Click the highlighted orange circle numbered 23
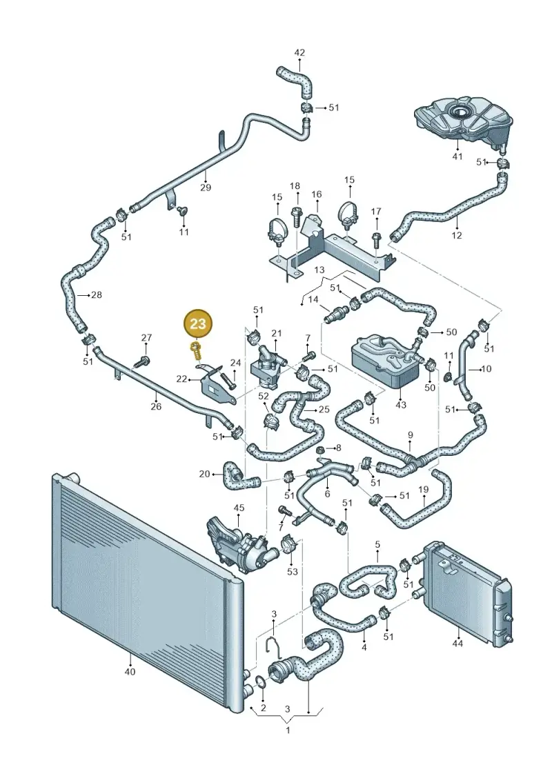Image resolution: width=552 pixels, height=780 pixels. pos(197,324)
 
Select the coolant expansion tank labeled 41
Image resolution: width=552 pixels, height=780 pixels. pos(464,121)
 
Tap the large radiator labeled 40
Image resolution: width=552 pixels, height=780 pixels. pos(148,592)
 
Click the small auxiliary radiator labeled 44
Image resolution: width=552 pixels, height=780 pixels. pos(466,591)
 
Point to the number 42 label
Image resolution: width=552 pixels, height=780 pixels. pos(299,52)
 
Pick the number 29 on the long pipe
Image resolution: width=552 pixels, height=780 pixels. pos(206,188)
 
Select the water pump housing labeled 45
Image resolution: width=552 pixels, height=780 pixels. pos(239,546)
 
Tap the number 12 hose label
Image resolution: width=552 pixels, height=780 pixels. pos(456,235)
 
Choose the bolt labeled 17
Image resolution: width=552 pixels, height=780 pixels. pos(376,240)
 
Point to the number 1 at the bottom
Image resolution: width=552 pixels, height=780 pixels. pos(288,731)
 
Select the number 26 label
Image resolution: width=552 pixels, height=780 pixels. pos(156,406)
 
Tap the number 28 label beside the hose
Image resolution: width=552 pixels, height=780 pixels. pos(97,295)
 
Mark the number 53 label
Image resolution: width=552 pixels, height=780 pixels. pos(292,572)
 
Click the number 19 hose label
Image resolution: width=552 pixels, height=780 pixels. pos(423,490)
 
